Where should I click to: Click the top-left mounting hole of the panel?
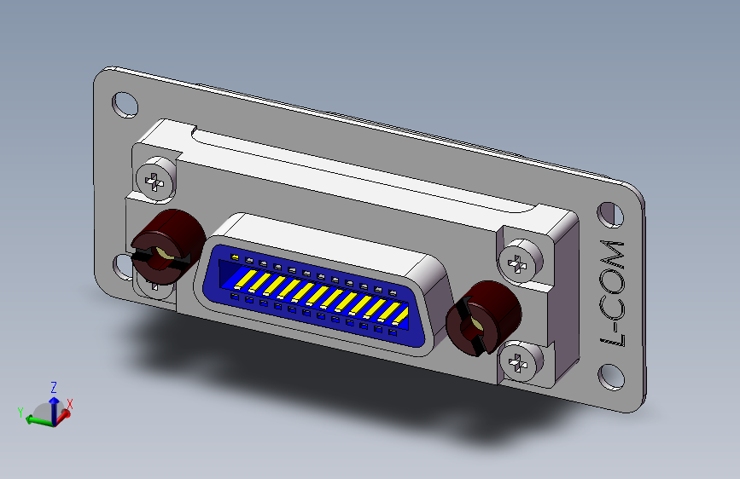coord(125,103)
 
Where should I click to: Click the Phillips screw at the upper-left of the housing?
coord(154,180)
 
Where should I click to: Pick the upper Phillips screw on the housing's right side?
coord(519,262)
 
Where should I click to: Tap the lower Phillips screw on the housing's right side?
coord(520,363)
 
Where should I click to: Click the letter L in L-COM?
coord(614,340)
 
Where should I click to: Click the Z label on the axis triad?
coord(53,386)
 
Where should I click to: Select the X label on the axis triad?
coord(70,405)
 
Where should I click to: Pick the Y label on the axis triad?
coord(20,413)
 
